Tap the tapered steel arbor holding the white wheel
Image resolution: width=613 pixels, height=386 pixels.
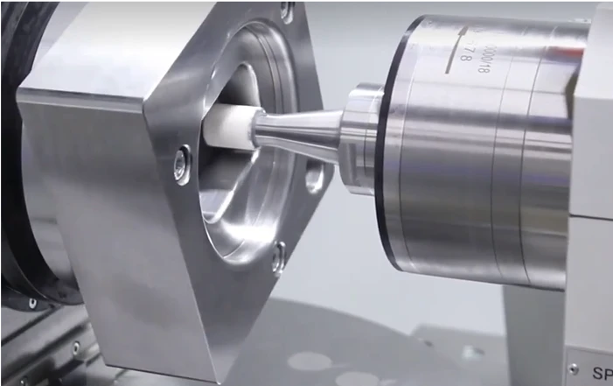(x=297, y=132)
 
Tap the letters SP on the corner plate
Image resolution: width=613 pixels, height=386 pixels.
(x=602, y=373)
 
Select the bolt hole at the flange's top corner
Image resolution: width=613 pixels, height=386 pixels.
(x=286, y=10)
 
